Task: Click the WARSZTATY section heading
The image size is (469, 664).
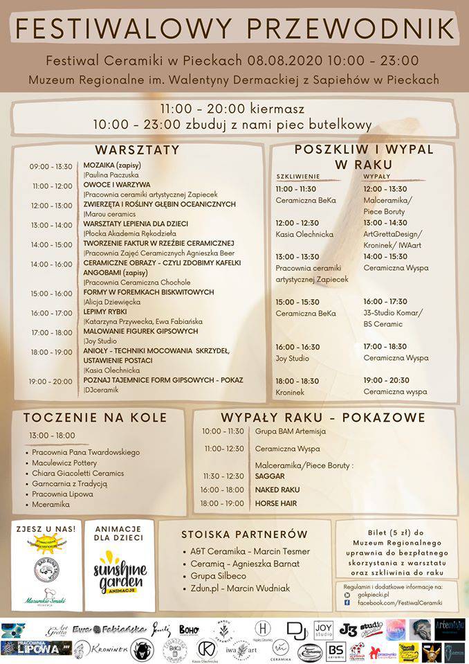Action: pyautogui.click(x=137, y=150)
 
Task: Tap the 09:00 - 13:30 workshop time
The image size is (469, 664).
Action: pyautogui.click(x=50, y=167)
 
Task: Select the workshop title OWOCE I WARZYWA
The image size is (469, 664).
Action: pyautogui.click(x=116, y=186)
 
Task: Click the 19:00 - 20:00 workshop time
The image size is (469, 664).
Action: pyautogui.click(x=50, y=382)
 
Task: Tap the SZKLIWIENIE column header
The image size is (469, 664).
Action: pyautogui.click(x=297, y=177)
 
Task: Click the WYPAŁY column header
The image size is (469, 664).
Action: pyautogui.click(x=376, y=177)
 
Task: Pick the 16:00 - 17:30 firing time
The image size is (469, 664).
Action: pyautogui.click(x=385, y=301)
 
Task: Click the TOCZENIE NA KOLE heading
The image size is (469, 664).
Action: pyautogui.click(x=95, y=418)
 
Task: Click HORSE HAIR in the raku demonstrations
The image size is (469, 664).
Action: pyautogui.click(x=276, y=503)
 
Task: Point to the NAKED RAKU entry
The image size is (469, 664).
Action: pyautogui.click(x=277, y=490)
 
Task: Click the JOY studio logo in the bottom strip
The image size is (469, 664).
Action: pyautogui.click(x=323, y=630)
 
